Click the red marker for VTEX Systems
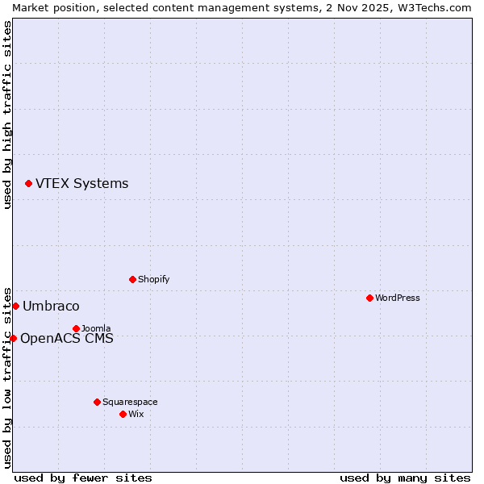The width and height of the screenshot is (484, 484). pos(28,184)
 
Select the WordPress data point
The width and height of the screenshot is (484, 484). pos(369,298)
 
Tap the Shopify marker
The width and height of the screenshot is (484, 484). pos(132,279)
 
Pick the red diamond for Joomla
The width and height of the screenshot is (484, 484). pos(76,328)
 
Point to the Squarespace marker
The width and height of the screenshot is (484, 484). pos(97,402)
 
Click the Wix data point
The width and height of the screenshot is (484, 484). pos(123,414)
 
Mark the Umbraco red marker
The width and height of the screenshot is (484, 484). pos(15,306)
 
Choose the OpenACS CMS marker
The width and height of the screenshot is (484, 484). pos(13,338)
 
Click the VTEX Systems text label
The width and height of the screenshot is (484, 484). pos(81,184)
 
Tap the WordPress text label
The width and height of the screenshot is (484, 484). pos(397,298)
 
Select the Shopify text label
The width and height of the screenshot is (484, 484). pos(153,279)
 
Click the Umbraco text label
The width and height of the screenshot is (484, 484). pos(51,307)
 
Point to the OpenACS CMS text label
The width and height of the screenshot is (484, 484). pos(66,339)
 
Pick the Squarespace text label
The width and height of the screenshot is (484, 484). pos(130,402)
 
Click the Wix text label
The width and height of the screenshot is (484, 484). pos(136,414)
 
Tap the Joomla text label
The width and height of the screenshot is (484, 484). pos(96,328)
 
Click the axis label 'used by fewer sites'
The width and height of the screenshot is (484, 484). pos(83,478)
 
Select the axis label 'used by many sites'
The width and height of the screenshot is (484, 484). pos(405,478)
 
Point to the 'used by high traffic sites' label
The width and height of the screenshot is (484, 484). pos(7,114)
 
